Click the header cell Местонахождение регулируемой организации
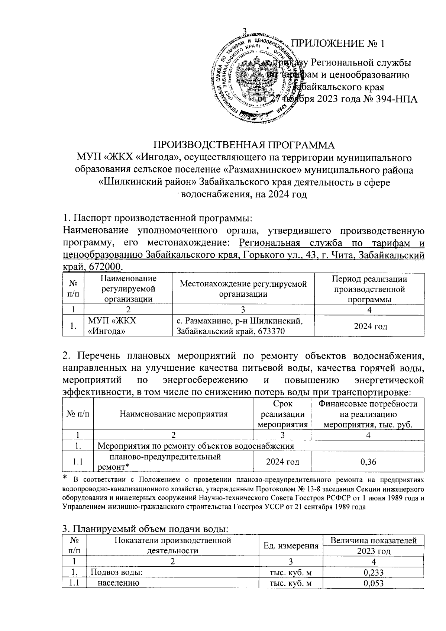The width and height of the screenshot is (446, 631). (x=243, y=289)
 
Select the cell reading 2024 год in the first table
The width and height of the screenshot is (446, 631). (x=370, y=326)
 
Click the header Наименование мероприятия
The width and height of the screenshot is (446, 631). (x=173, y=413)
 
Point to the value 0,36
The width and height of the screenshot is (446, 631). (x=368, y=462)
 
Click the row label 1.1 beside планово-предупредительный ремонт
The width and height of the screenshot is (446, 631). (x=78, y=462)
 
